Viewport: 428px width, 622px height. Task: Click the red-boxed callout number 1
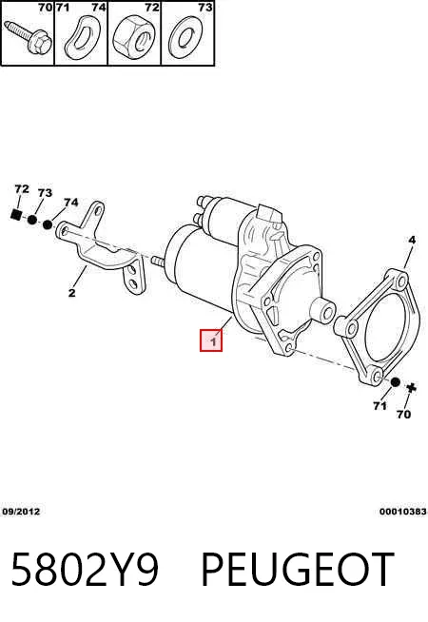coord(211,340)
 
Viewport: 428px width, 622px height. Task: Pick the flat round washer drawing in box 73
coord(185,39)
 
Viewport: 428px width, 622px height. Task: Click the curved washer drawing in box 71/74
coord(82,38)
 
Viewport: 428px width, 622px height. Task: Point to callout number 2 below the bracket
coord(71,293)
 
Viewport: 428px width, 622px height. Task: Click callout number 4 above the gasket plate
coord(412,240)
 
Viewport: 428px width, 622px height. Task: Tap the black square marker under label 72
coord(16,215)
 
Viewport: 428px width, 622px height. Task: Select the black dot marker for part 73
coord(32,220)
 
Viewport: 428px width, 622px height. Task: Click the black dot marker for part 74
coord(48,224)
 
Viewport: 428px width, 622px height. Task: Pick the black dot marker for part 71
coord(395,382)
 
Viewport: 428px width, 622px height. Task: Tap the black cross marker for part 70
coord(411,387)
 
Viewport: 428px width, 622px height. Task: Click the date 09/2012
coord(22,512)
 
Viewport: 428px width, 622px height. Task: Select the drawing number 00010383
coord(403,512)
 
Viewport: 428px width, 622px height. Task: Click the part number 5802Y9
coord(86,570)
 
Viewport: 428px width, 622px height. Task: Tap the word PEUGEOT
coord(298,570)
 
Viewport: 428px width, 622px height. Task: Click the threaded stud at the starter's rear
coord(158,262)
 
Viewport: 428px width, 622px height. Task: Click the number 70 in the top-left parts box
coord(46,8)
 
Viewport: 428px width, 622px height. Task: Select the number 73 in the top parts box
coord(205,8)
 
